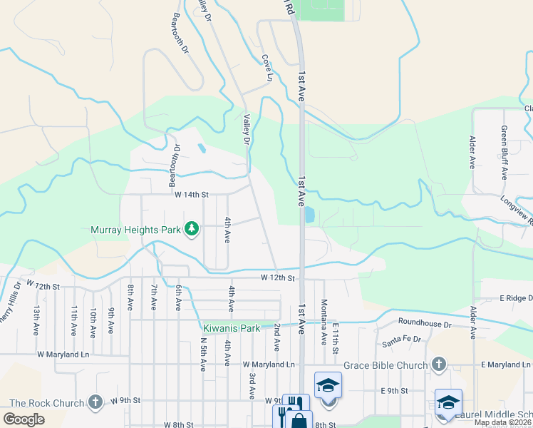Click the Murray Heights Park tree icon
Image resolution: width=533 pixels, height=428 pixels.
tap(191, 229)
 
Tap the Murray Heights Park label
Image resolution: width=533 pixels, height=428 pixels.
tap(136, 230)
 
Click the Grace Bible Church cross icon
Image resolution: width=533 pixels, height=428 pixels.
tap(439, 365)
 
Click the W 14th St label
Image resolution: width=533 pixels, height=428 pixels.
tap(192, 194)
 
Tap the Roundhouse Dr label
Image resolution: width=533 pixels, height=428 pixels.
tap(425, 323)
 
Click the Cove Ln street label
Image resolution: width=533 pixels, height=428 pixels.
tap(267, 68)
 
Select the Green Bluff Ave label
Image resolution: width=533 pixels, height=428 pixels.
tap(504, 152)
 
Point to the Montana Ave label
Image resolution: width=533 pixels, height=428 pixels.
tap(324, 322)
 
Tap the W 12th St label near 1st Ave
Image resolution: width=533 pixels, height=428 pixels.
tap(277, 277)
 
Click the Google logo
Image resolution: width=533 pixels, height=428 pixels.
tap(24, 419)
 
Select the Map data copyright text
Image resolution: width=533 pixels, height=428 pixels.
tap(503, 422)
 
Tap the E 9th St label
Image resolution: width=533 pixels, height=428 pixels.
tap(394, 391)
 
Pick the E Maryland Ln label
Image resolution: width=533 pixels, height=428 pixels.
tap(507, 365)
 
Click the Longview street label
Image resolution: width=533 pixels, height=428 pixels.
tap(517, 211)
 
